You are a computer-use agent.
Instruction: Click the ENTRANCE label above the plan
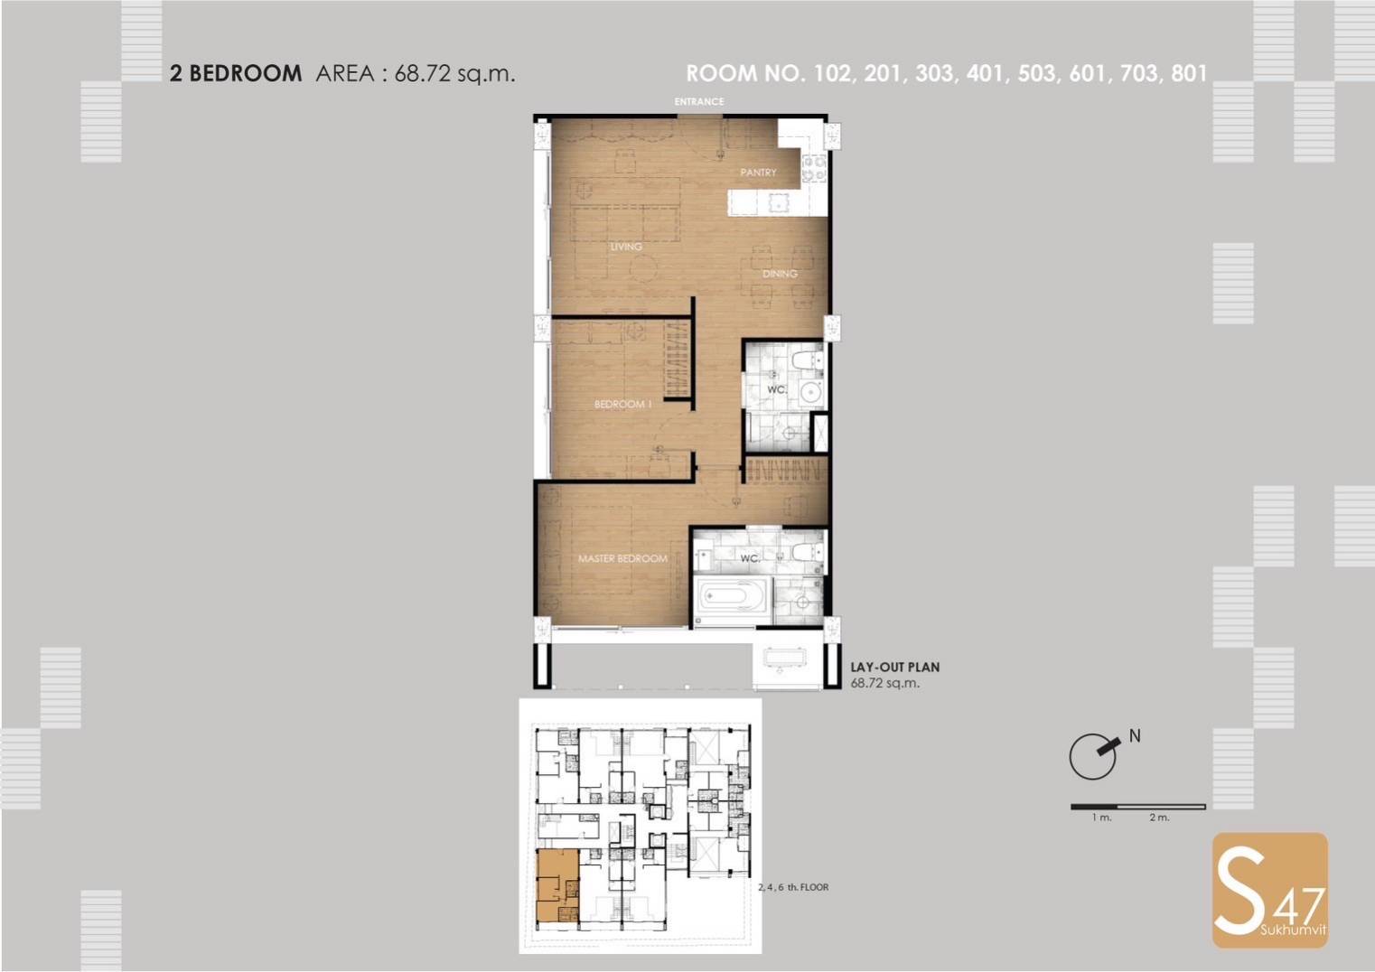click(x=698, y=101)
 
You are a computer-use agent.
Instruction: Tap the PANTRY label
click(x=758, y=173)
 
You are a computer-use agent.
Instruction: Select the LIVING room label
click(x=626, y=247)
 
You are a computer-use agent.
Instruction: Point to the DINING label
click(x=780, y=274)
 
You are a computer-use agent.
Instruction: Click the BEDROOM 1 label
click(x=622, y=404)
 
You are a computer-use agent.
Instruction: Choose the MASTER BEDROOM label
click(x=622, y=558)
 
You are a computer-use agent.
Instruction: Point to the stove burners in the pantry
click(x=813, y=168)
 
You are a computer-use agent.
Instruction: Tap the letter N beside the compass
click(x=1135, y=735)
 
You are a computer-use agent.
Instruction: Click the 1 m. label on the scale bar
click(x=1102, y=818)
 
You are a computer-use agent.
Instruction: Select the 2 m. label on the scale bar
click(x=1160, y=818)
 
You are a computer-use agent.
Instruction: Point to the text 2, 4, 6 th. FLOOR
click(x=793, y=887)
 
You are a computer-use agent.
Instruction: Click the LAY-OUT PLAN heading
click(x=895, y=668)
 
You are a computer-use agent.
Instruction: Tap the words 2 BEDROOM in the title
click(x=236, y=74)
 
